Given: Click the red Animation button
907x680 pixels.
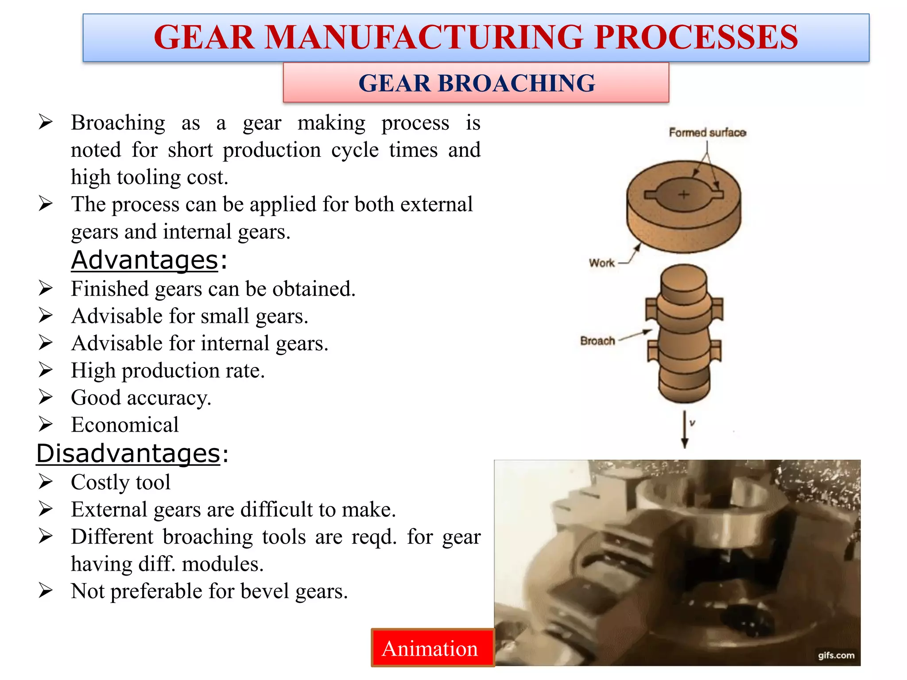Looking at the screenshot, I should coord(432,648).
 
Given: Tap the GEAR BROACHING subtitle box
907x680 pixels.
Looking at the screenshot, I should coord(476,83).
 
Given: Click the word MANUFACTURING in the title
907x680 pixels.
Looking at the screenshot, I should coord(424,37).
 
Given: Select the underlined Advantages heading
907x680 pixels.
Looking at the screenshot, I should coord(145,260).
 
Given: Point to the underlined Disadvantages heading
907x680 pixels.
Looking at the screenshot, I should coord(128,453).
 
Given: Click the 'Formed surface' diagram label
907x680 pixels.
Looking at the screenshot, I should coord(707,132).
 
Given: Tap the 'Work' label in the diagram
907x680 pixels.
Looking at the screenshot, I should coord(601,263).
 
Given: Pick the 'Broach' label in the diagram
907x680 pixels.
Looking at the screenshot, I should coord(597,341).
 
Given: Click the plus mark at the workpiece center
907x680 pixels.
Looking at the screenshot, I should coord(684,194).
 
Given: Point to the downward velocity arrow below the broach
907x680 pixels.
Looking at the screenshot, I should coord(685,429).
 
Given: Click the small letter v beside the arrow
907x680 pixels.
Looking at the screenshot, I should coord(692,423).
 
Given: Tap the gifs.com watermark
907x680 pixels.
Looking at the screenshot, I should coord(836,655).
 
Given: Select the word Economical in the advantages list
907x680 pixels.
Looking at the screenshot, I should coord(125,425).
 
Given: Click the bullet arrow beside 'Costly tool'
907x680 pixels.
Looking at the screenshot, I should coord(46,482).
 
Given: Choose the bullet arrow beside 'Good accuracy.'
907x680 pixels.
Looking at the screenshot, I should coord(46,397).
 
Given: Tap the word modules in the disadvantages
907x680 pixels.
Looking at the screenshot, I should coord(223,564).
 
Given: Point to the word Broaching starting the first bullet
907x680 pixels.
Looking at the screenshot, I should coord(118,123).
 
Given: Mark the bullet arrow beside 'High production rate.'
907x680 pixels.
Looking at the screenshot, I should coord(46,370).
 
